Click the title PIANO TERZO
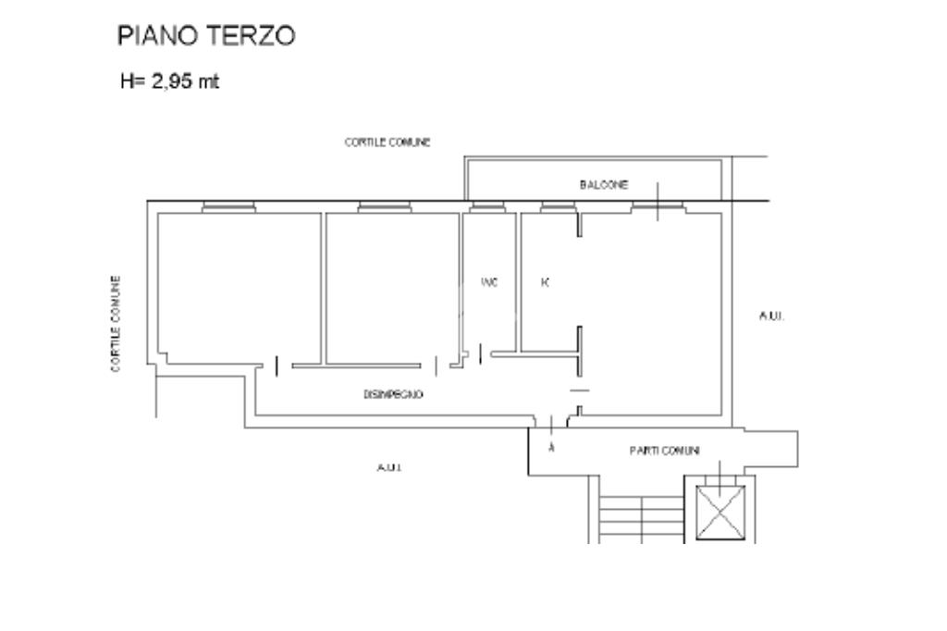[x=206, y=36]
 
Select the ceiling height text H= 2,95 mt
[x=170, y=81]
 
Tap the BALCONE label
[x=604, y=185]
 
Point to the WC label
[x=490, y=283]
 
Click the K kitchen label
[x=545, y=283]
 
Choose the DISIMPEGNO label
[x=394, y=394]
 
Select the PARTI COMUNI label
[x=664, y=451]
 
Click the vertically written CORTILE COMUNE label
[x=117, y=324]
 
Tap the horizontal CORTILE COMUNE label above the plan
[x=387, y=142]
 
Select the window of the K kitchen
[x=558, y=207]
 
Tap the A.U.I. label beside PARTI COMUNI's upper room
[x=771, y=316]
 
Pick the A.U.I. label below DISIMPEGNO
[x=388, y=467]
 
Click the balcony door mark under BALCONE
[x=658, y=204]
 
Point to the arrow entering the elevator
[x=720, y=469]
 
